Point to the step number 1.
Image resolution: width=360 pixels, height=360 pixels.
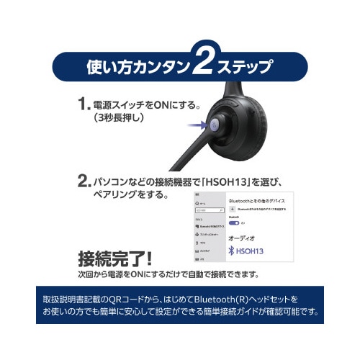pyautogui.click(x=84, y=104)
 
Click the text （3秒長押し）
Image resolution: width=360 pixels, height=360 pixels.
pyautogui.click(x=123, y=120)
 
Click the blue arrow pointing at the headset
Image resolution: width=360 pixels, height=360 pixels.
pyautogui.click(x=194, y=125)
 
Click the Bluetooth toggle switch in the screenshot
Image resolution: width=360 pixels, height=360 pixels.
pyautogui.click(x=234, y=224)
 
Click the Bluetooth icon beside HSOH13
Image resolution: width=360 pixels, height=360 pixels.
pyautogui.click(x=232, y=251)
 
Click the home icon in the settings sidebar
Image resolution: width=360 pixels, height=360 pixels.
pyautogui.click(x=197, y=204)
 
